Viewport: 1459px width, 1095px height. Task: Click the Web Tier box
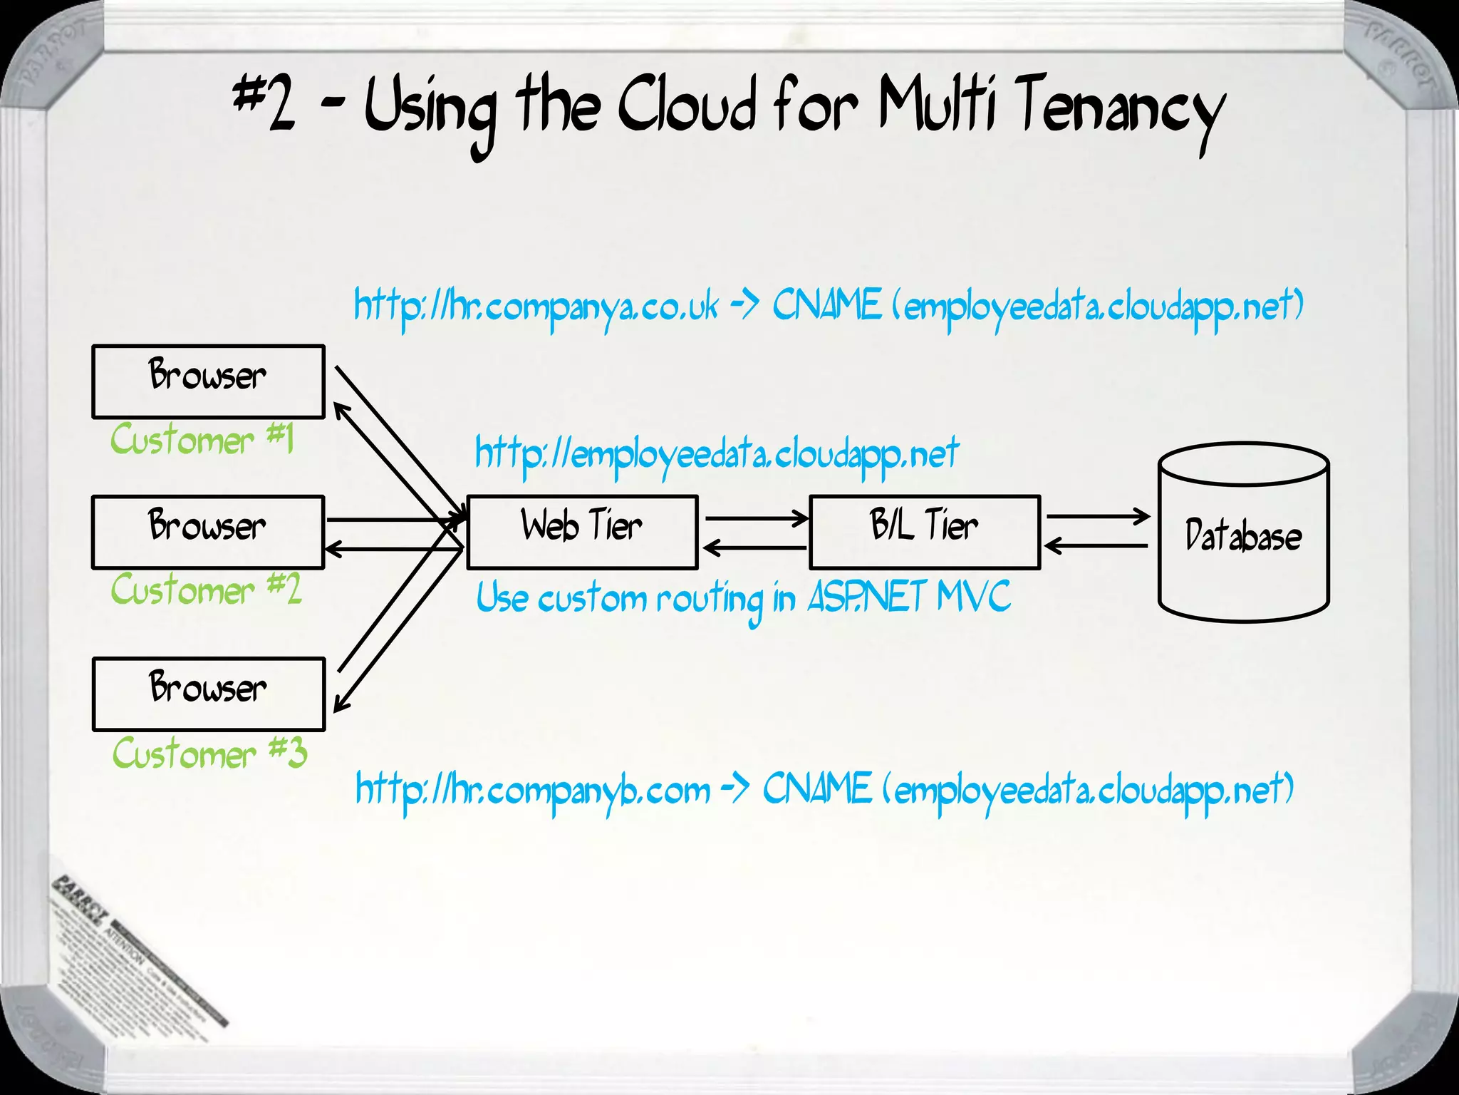coord(582,532)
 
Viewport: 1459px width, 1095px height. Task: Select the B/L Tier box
coord(925,532)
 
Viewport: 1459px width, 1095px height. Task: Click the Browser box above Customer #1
coord(208,381)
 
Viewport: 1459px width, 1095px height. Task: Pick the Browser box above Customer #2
coord(208,532)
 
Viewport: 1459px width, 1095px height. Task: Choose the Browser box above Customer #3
coord(208,694)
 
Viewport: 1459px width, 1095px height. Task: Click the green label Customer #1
coord(202,439)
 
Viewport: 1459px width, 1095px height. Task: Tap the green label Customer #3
coord(209,753)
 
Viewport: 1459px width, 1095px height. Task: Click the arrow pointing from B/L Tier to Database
coord(1098,515)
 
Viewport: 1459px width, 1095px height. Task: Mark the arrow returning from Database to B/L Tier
coord(1098,546)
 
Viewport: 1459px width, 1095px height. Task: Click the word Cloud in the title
coord(687,107)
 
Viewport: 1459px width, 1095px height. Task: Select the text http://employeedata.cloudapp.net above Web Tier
coord(717,454)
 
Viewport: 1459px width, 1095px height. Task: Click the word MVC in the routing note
coord(973,596)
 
